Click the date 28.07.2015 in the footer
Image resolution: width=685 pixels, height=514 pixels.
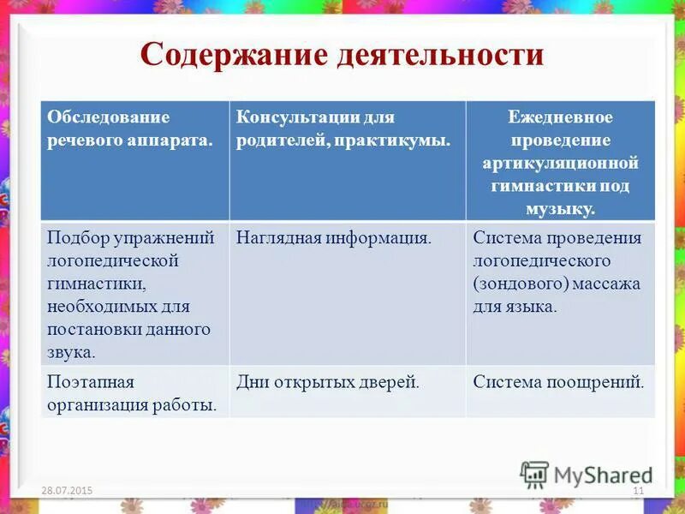click(x=67, y=490)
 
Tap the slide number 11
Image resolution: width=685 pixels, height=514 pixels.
click(x=637, y=490)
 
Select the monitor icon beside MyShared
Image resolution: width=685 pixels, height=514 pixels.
click(x=534, y=475)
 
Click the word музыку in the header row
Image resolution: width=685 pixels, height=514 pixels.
click(x=561, y=208)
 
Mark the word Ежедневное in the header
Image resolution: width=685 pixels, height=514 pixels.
click(x=561, y=117)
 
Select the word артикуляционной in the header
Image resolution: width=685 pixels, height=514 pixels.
click(x=561, y=163)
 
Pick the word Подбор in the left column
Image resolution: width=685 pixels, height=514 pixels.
click(x=76, y=237)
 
